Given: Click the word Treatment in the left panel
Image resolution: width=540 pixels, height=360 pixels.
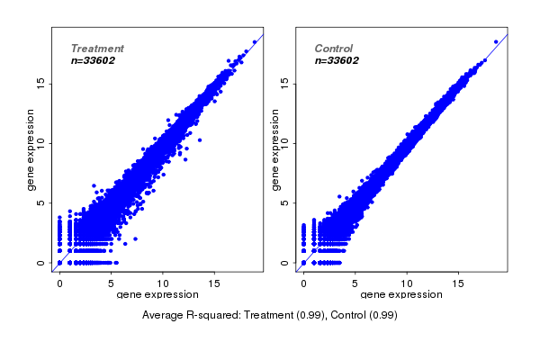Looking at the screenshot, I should point(97,49).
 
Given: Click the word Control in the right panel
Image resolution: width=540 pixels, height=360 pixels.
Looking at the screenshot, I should point(333,49).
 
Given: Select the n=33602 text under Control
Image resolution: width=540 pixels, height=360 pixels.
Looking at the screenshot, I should point(337,61).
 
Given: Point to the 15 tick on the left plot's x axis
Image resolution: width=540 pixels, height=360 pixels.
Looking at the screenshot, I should point(214,283).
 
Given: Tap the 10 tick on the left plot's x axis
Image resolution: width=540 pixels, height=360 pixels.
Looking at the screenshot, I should point(163,283).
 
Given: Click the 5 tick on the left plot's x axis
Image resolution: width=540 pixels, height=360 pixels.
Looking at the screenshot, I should point(111,283).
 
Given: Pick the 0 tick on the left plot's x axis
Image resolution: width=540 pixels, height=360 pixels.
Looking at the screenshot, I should point(59,283).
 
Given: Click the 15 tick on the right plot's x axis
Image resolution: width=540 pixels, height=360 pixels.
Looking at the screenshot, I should point(458,283).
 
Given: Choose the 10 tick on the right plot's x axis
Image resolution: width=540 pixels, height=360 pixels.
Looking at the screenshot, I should point(407,283).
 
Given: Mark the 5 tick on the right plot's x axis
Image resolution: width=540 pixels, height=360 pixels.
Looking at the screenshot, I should point(355,283).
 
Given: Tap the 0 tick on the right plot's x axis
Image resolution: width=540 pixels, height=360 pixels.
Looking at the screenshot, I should point(303,283).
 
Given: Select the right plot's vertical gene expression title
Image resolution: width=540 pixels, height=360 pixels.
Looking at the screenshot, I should point(274,149).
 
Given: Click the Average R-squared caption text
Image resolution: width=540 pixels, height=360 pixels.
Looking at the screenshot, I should point(270,316).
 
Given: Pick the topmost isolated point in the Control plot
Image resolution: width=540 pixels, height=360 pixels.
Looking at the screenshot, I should point(495,41).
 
